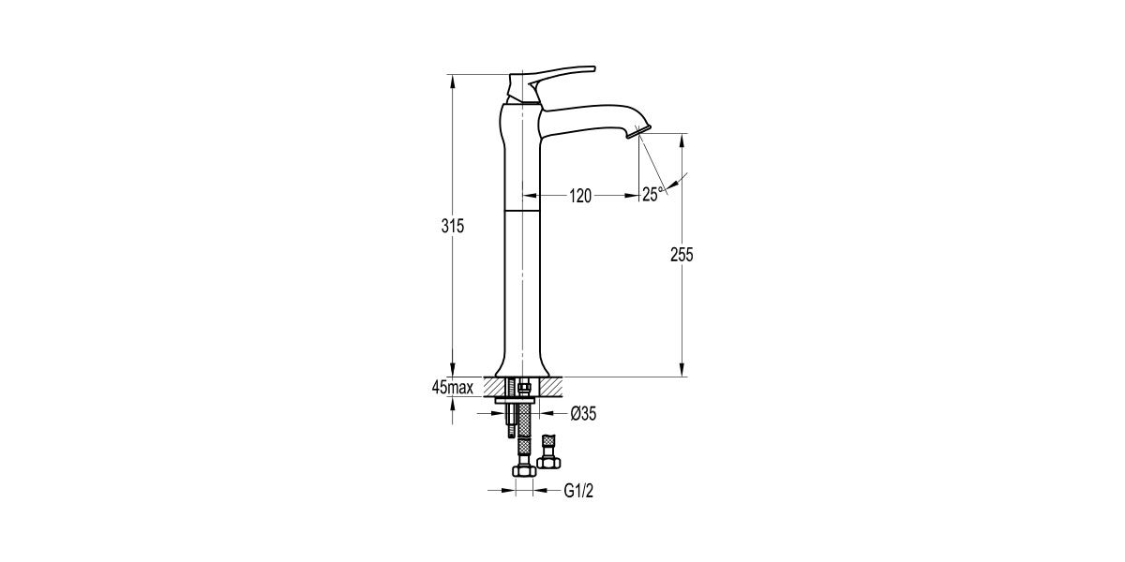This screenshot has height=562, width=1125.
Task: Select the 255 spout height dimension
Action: pyautogui.click(x=682, y=256)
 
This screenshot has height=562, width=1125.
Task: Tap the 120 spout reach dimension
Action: pyautogui.click(x=581, y=195)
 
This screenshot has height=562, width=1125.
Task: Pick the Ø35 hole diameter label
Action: pyautogui.click(x=582, y=412)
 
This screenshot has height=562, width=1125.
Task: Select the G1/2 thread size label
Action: pyautogui.click(x=579, y=490)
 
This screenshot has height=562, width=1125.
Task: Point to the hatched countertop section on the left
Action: pyautogui.click(x=492, y=385)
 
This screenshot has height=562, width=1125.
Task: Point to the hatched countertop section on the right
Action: pyautogui.click(x=553, y=385)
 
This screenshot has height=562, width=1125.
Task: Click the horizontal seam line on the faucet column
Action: pyautogui.click(x=522, y=212)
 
